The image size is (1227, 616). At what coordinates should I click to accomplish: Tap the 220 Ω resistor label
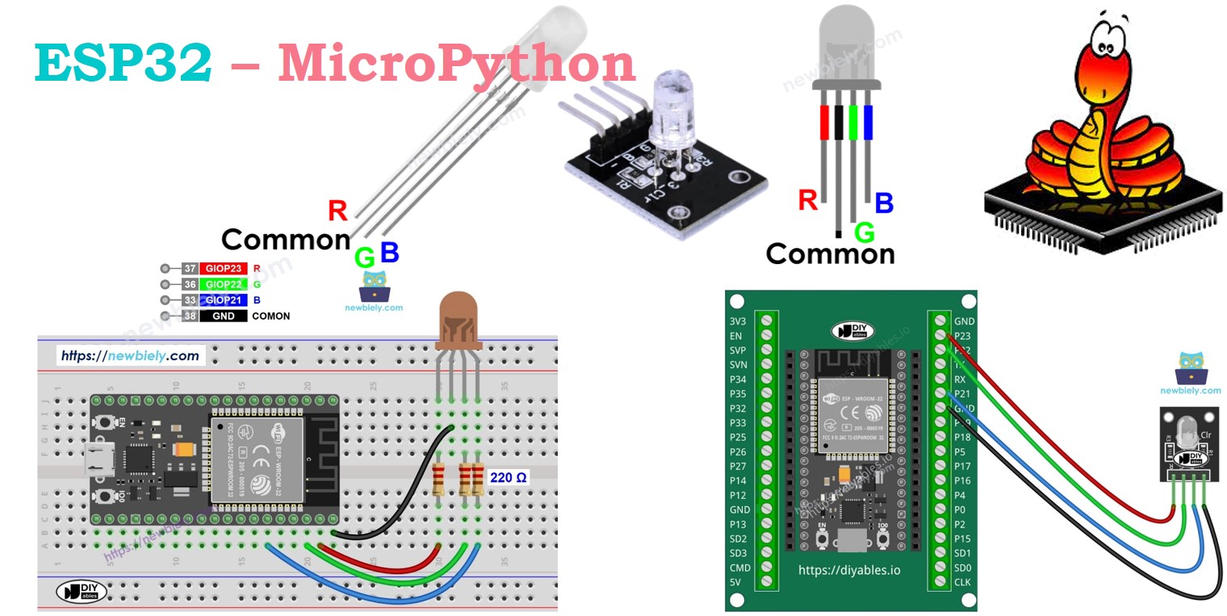click(508, 478)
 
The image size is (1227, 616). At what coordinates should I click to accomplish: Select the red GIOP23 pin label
click(224, 268)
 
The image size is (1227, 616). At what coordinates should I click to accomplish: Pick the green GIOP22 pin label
click(224, 284)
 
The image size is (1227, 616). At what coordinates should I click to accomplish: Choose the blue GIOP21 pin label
click(224, 300)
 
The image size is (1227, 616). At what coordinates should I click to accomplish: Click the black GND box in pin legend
click(224, 316)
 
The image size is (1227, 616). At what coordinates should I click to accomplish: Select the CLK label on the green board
click(963, 582)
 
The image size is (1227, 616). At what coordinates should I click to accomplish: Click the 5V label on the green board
click(735, 582)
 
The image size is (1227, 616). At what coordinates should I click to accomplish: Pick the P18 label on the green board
click(963, 437)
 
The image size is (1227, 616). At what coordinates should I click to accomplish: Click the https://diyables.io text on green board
click(849, 570)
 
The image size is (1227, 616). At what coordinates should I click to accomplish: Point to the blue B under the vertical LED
click(884, 203)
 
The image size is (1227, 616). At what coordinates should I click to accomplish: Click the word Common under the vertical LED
click(830, 254)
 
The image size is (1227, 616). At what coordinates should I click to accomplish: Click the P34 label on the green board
click(738, 379)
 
